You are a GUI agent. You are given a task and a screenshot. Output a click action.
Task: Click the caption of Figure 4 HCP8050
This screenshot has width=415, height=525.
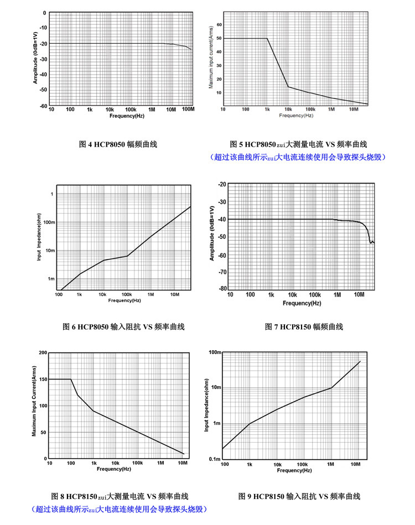click(x=118, y=144)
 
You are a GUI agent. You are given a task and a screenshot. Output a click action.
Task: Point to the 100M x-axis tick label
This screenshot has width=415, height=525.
click(x=188, y=109)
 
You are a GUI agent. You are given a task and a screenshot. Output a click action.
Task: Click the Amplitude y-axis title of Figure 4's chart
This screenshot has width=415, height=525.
click(x=35, y=58)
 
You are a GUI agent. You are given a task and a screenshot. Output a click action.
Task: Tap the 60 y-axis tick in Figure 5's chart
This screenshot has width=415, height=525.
click(x=219, y=25)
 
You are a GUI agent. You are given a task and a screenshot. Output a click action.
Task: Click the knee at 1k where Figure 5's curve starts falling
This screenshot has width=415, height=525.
click(x=267, y=38)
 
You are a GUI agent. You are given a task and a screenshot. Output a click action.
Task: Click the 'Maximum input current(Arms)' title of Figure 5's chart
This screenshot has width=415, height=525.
click(x=211, y=57)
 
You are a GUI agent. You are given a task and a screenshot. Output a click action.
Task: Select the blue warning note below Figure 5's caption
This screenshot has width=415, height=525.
click(x=298, y=157)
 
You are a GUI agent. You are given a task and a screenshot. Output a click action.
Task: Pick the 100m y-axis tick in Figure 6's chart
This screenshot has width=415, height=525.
click(x=49, y=222)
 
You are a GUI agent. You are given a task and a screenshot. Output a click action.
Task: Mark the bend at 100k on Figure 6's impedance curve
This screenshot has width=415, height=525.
click(x=127, y=256)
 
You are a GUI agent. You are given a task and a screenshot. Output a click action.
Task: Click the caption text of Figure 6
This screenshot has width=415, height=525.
click(x=123, y=327)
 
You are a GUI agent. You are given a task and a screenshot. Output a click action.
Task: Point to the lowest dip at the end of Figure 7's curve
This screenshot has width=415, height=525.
click(x=370, y=243)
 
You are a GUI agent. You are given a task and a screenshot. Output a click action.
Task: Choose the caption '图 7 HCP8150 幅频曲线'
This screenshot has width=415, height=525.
click(x=304, y=327)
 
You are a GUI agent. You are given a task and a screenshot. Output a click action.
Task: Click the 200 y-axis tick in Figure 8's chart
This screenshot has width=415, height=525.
click(x=43, y=352)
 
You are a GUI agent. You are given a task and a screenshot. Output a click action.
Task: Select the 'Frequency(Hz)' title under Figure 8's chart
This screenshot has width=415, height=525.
click(x=114, y=469)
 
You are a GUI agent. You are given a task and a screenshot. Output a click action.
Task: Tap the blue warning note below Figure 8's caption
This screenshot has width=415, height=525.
click(x=120, y=510)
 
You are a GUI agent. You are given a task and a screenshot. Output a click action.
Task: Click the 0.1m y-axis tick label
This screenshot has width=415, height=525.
click(x=215, y=459)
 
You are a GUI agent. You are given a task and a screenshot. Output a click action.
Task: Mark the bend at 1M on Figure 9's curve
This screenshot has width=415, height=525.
click(x=331, y=388)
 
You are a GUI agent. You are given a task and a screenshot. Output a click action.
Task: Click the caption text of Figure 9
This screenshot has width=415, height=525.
click(x=299, y=496)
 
